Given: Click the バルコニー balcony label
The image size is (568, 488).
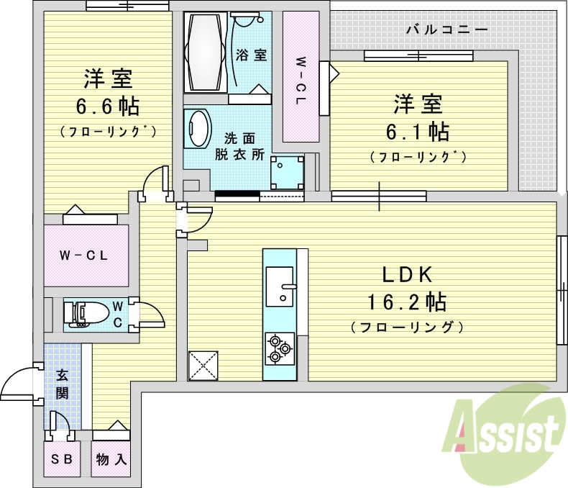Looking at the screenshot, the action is coord(446,30).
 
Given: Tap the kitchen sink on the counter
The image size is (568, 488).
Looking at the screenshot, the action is coord(280,286).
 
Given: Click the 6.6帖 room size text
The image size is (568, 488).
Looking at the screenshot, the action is coord(108,107).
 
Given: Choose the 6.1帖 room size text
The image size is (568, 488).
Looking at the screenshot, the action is coord(421,132).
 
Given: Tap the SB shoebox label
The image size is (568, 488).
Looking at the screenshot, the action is coord(62,459).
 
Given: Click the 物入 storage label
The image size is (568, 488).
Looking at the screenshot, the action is coord(111,459).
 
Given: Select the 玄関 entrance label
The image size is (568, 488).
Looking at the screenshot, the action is coord(62,384).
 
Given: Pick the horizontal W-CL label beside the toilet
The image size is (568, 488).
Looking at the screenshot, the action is coord(83,255).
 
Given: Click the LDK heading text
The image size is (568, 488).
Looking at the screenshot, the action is coord(406,274).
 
